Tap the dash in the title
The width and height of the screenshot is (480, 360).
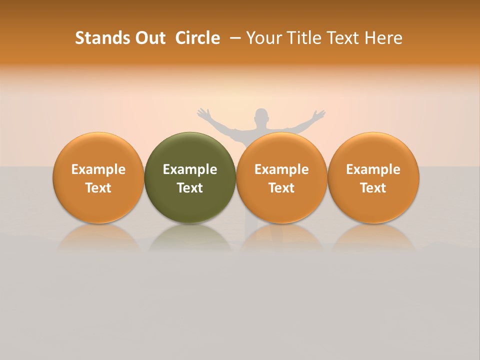click(235, 38)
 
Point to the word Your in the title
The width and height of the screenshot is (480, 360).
click(264, 38)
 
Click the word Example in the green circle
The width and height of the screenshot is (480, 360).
click(190, 169)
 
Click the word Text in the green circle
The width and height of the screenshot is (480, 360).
click(190, 188)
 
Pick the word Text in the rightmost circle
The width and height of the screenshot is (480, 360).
click(373, 188)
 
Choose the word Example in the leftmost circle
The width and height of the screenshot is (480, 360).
click(98, 169)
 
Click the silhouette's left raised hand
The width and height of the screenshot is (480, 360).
click(203, 113)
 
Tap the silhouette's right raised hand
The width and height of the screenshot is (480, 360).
click(318, 115)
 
